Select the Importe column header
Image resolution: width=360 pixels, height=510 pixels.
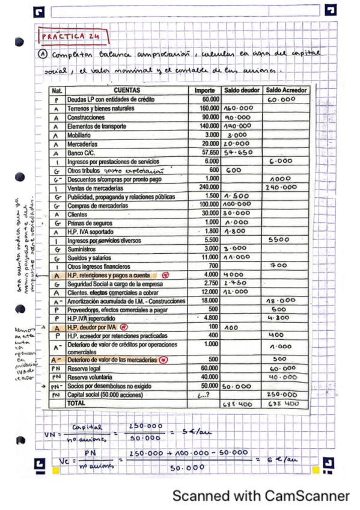click(204, 90)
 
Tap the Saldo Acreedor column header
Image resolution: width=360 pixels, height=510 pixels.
click(286, 90)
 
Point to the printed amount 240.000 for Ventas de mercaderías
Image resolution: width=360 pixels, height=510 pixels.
click(207, 188)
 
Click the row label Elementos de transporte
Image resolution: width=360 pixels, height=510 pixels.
click(97, 126)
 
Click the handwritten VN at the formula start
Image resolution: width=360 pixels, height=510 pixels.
click(50, 434)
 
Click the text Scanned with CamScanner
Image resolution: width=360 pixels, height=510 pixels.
click(260, 496)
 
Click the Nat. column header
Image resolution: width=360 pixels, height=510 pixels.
click(58, 90)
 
